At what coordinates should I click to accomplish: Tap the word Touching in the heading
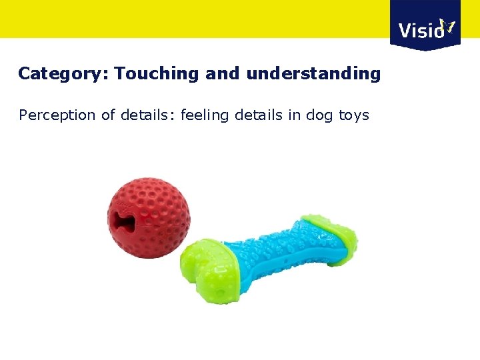[x=157, y=73]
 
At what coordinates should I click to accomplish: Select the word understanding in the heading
[x=313, y=74]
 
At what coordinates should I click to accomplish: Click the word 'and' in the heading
[x=222, y=73]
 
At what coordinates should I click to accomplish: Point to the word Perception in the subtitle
[x=57, y=115]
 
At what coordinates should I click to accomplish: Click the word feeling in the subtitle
[x=203, y=115]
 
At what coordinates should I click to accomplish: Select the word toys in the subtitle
[x=354, y=116]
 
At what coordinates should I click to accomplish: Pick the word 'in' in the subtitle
[x=294, y=115]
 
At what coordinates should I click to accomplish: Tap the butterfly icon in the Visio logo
[x=448, y=26]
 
